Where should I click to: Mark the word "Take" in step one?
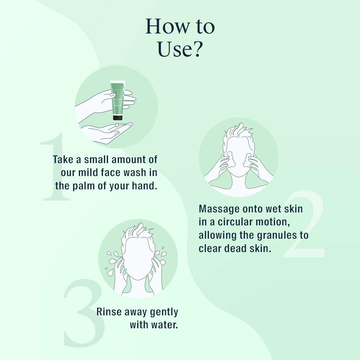[63, 159]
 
